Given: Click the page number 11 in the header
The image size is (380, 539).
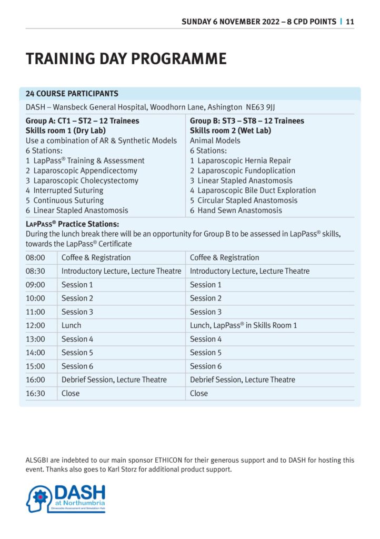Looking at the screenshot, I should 350,22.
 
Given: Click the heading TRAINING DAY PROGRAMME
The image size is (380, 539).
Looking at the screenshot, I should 126,58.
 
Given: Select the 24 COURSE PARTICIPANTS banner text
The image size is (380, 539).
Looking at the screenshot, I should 72,94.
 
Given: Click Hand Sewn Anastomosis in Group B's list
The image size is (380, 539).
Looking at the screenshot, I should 239,211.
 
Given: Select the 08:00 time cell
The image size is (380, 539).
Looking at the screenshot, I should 35,258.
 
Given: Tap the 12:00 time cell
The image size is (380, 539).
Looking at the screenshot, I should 35,325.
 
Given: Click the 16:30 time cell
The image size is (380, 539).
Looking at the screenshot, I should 35,393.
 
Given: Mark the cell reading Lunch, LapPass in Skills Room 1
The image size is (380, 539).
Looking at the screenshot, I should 243,325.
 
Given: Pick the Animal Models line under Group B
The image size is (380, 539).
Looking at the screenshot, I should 215,141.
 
